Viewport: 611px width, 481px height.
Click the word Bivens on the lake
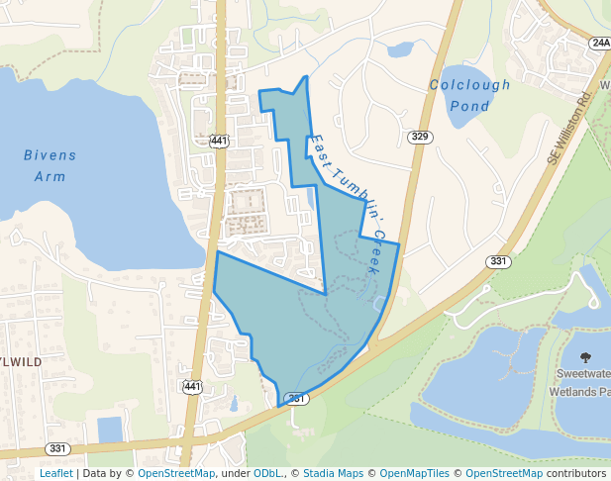point(50,155)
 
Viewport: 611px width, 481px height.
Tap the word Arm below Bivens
point(50,177)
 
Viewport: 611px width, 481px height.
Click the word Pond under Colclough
point(469,106)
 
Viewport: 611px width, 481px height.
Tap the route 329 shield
point(420,137)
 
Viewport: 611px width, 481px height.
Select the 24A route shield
point(600,44)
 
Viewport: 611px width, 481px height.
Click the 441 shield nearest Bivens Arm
point(220,142)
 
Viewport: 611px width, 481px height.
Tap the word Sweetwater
point(582,375)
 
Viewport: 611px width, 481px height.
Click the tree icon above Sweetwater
point(584,357)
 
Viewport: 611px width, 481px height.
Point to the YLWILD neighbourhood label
point(21,362)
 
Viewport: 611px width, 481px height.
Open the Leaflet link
point(55,474)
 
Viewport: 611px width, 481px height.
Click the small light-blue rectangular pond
point(110,430)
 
